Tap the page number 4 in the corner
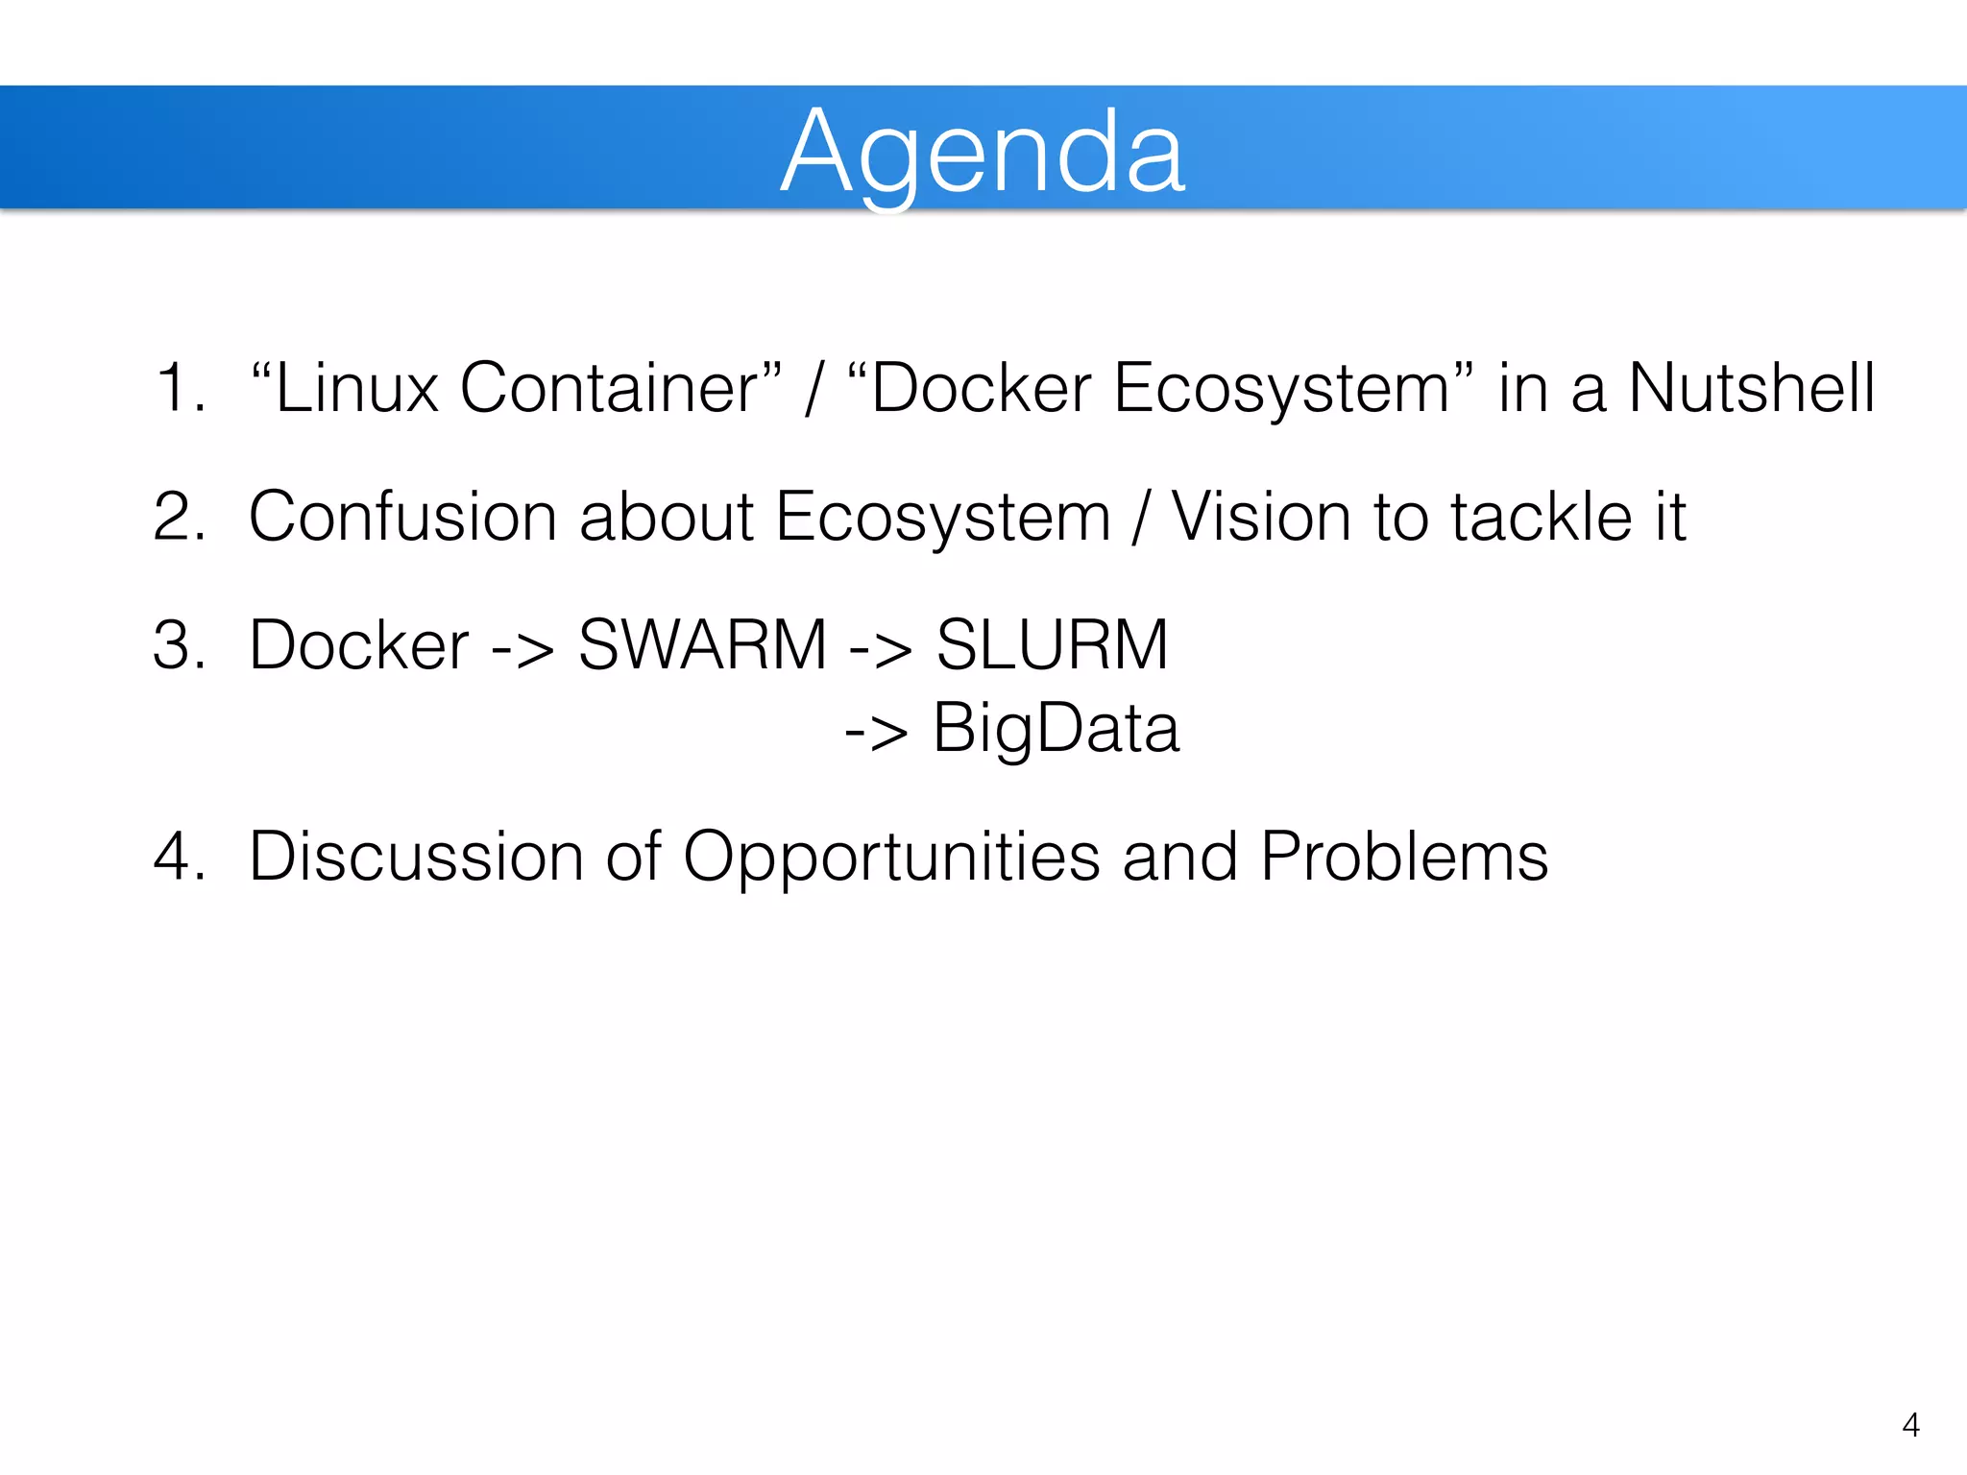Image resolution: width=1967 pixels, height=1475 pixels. coord(1910,1425)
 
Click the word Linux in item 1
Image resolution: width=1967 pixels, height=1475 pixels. coord(356,389)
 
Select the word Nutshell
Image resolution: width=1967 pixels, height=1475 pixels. coord(1752,389)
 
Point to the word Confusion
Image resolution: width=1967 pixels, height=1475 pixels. coord(402,518)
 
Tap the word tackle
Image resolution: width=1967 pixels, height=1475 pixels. coord(1541,518)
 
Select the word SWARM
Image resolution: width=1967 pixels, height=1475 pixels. coord(702,645)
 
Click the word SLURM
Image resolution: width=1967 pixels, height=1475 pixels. coord(1052,645)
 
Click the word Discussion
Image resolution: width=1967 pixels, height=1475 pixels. coord(416,857)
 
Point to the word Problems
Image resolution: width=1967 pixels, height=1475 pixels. coord(1403,857)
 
